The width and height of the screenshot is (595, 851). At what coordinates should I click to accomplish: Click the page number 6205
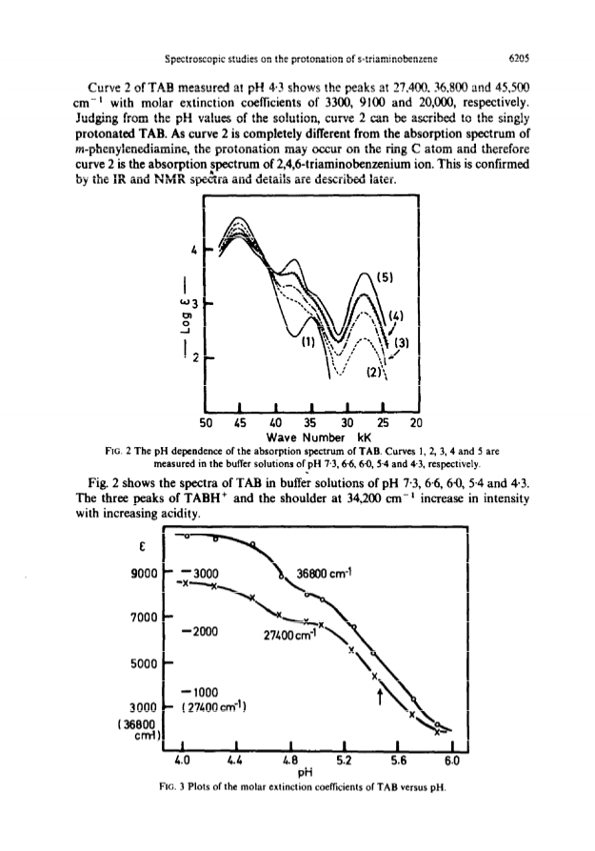pyautogui.click(x=519, y=57)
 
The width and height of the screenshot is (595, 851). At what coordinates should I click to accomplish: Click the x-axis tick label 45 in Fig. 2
pyautogui.click(x=240, y=423)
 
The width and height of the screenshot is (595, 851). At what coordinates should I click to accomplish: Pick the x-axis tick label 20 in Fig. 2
pyautogui.click(x=416, y=423)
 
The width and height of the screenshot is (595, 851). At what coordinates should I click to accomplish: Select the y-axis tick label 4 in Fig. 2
pyautogui.click(x=192, y=251)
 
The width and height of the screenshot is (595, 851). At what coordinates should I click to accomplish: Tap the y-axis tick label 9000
pyautogui.click(x=145, y=574)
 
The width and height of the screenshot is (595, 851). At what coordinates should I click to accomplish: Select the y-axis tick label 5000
pyautogui.click(x=144, y=664)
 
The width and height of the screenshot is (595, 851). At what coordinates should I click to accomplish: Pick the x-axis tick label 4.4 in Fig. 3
pyautogui.click(x=235, y=760)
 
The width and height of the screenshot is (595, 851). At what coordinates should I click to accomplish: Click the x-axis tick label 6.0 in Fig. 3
pyautogui.click(x=452, y=760)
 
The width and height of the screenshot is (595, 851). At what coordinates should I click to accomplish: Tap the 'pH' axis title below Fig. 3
pyautogui.click(x=306, y=772)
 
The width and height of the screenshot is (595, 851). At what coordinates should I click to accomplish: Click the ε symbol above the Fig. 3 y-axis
pyautogui.click(x=142, y=548)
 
